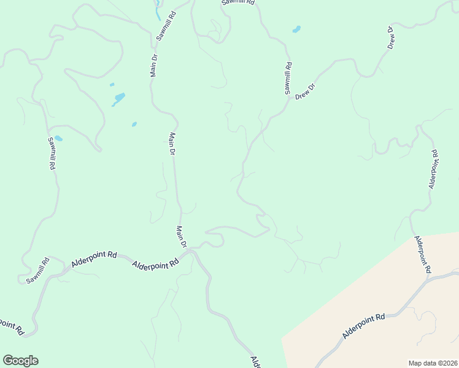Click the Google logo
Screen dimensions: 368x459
click(x=20, y=361)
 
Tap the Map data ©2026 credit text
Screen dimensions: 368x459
click(x=433, y=362)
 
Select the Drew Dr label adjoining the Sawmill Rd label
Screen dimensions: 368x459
click(x=305, y=91)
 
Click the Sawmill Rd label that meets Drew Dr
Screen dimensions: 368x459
click(x=287, y=78)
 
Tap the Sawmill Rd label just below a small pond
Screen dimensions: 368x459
click(x=52, y=153)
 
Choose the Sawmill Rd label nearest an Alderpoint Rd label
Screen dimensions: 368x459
click(x=37, y=270)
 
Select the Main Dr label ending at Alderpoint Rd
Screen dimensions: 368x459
click(x=181, y=237)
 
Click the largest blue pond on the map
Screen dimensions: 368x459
click(x=118, y=98)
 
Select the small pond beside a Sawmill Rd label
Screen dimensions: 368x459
click(x=58, y=139)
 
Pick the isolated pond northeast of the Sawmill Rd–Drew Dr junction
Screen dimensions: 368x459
click(x=297, y=29)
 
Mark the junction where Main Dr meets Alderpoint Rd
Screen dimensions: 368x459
click(x=190, y=250)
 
